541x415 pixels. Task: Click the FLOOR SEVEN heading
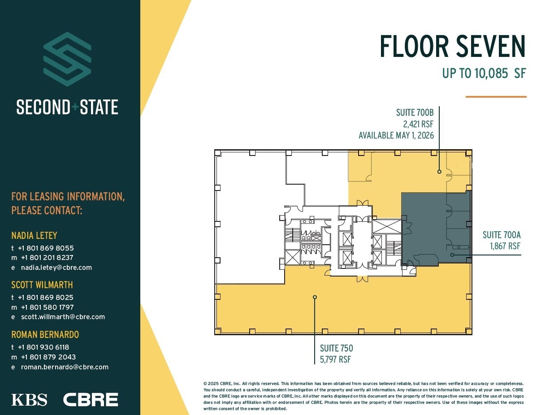point(452,47)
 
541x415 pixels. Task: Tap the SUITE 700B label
point(415,112)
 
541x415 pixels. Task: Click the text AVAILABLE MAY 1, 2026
point(396,135)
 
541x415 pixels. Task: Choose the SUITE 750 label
point(336,348)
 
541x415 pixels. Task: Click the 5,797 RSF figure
point(335,359)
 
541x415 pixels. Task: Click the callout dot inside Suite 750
point(315,297)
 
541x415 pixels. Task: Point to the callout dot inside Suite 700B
point(440,172)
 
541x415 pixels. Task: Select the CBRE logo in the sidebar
point(91,399)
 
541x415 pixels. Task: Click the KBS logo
point(29,399)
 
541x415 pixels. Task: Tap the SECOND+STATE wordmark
point(67,108)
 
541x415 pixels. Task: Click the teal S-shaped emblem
point(67,59)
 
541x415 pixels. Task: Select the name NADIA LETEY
point(34,235)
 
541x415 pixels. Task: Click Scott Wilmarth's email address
point(63,317)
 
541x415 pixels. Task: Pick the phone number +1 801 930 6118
point(43,347)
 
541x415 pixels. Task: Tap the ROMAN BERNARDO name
point(45,334)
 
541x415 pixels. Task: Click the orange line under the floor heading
point(496,96)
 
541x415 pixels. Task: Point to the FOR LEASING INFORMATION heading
point(68,203)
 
